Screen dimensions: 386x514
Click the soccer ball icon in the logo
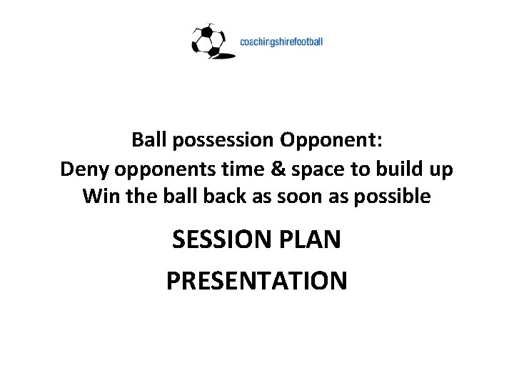click(208, 41)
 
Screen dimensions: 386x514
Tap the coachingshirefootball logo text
click(281, 41)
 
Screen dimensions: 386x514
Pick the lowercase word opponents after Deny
click(158, 169)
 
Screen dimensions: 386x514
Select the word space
click(301, 169)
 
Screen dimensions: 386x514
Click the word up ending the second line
click(438, 170)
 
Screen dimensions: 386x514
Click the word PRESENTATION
click(257, 281)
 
